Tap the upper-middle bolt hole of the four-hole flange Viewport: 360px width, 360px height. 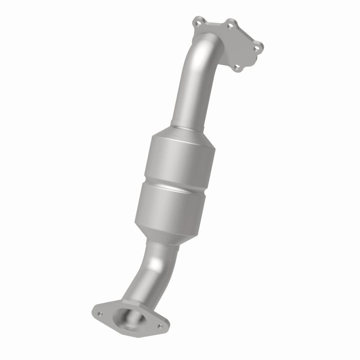[230, 26]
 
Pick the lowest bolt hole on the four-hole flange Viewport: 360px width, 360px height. [237, 68]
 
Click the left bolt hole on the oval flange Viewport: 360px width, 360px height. [100, 314]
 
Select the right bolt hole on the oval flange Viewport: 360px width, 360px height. [159, 327]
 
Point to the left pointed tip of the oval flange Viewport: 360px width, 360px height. [94, 310]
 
